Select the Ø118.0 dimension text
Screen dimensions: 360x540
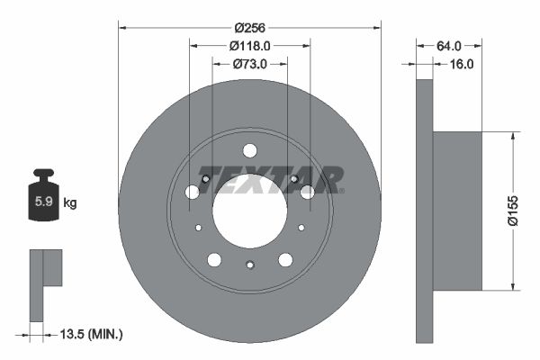(249, 45)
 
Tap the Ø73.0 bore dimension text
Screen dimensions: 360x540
(249, 64)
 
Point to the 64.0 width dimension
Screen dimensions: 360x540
(448, 45)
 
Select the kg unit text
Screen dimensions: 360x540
(70, 203)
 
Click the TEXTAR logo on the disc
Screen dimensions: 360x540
(270, 179)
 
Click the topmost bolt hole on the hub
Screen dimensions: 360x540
(250, 150)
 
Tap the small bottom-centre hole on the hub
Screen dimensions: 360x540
(250, 264)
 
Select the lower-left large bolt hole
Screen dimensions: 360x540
(214, 260)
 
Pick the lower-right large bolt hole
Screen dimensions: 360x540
(285, 260)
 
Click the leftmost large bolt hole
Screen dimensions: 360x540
(192, 192)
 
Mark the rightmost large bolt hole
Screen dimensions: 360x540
(307, 192)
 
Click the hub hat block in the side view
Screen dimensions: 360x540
(457, 211)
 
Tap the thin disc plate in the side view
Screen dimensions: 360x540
(425, 211)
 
